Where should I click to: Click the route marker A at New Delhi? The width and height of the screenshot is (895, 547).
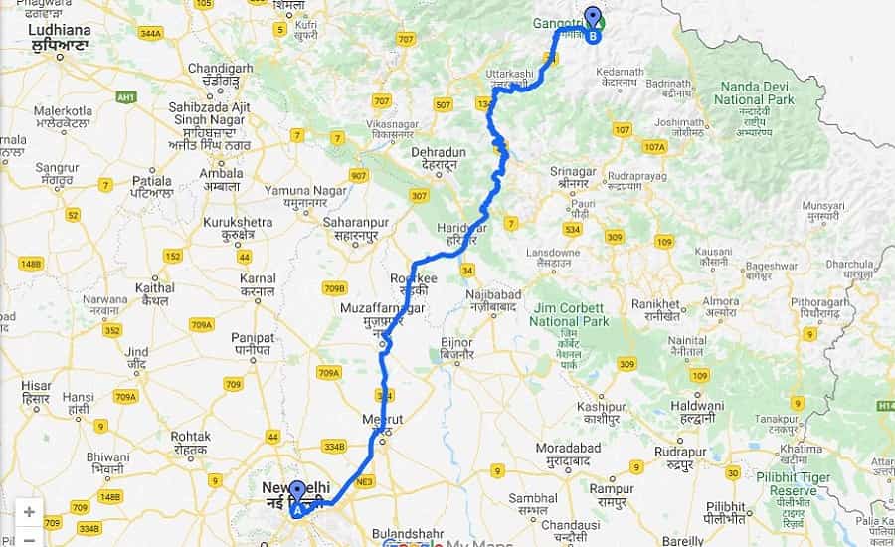coord(296,496)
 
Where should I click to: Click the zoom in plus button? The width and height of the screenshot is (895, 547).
coord(29,512)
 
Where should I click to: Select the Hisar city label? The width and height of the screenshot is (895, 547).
coord(37,390)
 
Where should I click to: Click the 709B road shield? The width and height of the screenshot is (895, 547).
coord(335,288)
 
